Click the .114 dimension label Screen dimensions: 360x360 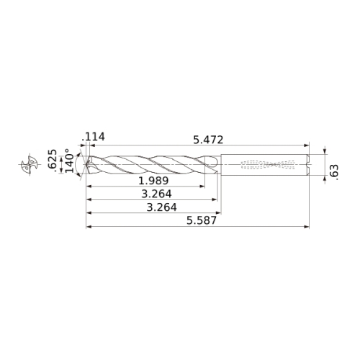[x=93, y=137]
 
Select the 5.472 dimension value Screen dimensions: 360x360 [x=208, y=140]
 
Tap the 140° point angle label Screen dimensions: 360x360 [x=70, y=161]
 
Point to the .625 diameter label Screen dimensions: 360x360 [x=53, y=161]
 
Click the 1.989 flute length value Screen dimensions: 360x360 [x=154, y=181]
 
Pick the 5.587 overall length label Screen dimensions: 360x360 [x=202, y=220]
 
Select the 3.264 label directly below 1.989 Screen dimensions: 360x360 [x=156, y=194]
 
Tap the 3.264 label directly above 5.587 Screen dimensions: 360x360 [x=162, y=207]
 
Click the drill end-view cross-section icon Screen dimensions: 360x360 [x=30, y=164]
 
